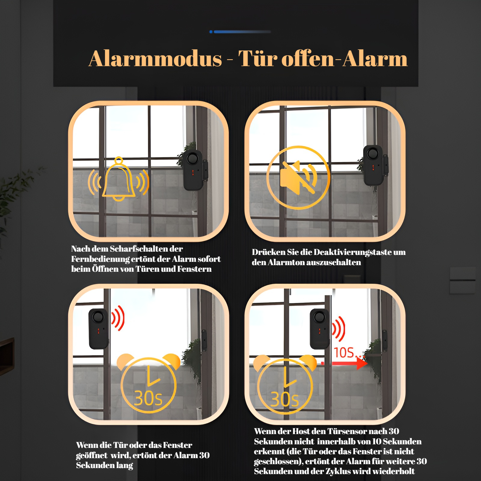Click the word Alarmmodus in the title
(x=155, y=59)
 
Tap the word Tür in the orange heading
(x=258, y=59)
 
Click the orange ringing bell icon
(x=118, y=180)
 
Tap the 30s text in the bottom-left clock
(x=148, y=399)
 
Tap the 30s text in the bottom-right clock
(x=285, y=399)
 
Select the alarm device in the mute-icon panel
(x=373, y=165)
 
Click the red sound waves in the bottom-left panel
(x=118, y=318)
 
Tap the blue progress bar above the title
(x=240, y=32)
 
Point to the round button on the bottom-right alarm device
(x=319, y=317)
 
